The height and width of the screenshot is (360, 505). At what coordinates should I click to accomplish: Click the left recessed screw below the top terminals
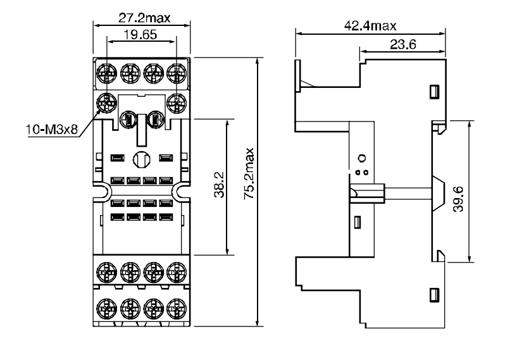[128, 118]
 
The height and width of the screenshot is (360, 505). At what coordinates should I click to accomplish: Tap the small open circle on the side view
[362, 158]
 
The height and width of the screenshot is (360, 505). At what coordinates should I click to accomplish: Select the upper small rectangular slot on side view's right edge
[434, 92]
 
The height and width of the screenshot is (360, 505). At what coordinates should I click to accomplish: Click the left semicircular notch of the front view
[99, 190]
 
